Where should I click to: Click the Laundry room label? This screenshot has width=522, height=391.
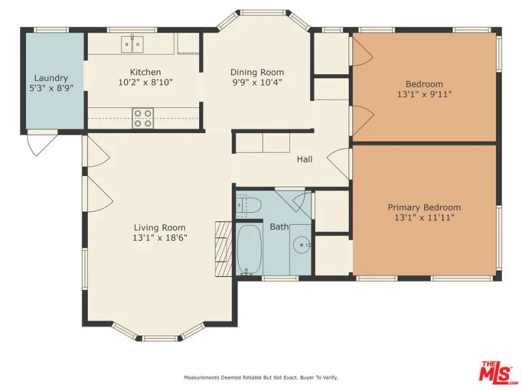coord(51,78)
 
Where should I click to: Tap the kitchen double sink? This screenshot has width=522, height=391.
coord(132,44)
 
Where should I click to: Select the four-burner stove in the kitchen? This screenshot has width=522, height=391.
coord(143,119)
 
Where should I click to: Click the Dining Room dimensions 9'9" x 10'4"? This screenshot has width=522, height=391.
coord(257,82)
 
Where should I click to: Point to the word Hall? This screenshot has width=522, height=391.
coord(305,159)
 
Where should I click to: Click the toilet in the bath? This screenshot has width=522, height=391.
coord(249,205)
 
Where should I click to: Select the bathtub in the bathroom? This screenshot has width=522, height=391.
coord(249,250)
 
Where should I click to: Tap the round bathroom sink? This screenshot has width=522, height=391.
coord(302,246)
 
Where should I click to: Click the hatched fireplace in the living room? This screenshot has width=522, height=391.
coord(223,249)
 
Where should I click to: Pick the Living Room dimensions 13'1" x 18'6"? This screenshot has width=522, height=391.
coord(160,238)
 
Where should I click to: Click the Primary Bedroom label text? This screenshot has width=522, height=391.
coord(425,207)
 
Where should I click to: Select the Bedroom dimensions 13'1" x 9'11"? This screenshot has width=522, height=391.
coord(425,94)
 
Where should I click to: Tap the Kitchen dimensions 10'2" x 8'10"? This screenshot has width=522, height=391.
coord(146,82)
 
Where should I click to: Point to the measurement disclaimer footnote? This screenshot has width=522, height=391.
coord(261,377)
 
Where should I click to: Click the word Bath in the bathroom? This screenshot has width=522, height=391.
coord(279,227)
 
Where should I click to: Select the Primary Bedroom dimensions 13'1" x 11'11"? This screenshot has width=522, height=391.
coord(425,218)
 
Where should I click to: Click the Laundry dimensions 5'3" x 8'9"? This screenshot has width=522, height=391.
coord(51,88)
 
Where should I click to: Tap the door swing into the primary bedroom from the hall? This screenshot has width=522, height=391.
coord(339,164)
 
